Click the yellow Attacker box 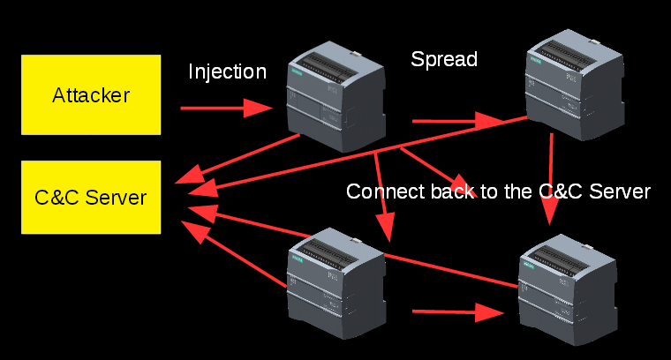click(x=91, y=94)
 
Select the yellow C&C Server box click(x=91, y=197)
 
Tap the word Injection click(x=227, y=71)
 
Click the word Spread click(x=444, y=59)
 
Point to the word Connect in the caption click(x=381, y=191)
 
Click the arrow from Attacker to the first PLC click(x=225, y=108)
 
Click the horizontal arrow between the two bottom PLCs click(x=455, y=311)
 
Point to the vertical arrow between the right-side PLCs click(x=551, y=176)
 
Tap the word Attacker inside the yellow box click(x=91, y=94)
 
